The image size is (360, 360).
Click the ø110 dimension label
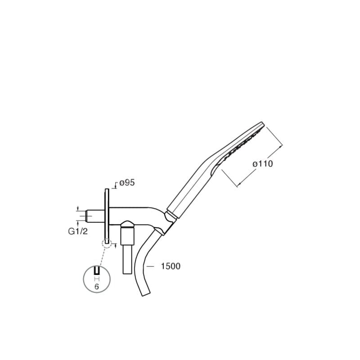(x=263, y=164)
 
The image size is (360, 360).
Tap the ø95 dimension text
(x=127, y=183)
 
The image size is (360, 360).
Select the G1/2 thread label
(x=78, y=231)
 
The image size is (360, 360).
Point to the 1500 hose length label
(x=171, y=266)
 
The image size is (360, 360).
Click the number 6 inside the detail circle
(x=97, y=287)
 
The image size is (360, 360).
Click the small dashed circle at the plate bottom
(x=107, y=243)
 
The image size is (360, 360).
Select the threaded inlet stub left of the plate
(x=95, y=216)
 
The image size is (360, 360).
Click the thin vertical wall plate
(x=107, y=216)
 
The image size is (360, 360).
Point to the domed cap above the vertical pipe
(x=127, y=224)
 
